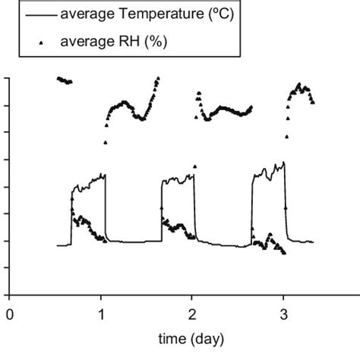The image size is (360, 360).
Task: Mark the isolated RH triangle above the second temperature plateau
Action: (194, 166)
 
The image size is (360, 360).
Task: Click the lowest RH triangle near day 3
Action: (284, 252)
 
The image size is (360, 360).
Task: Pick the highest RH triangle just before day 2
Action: (158, 78)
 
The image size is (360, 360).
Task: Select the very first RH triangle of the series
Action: (58, 78)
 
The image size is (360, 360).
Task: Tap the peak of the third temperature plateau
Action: (283, 162)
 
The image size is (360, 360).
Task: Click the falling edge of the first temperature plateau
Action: (106, 209)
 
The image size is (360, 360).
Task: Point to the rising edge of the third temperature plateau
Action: (252, 213)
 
